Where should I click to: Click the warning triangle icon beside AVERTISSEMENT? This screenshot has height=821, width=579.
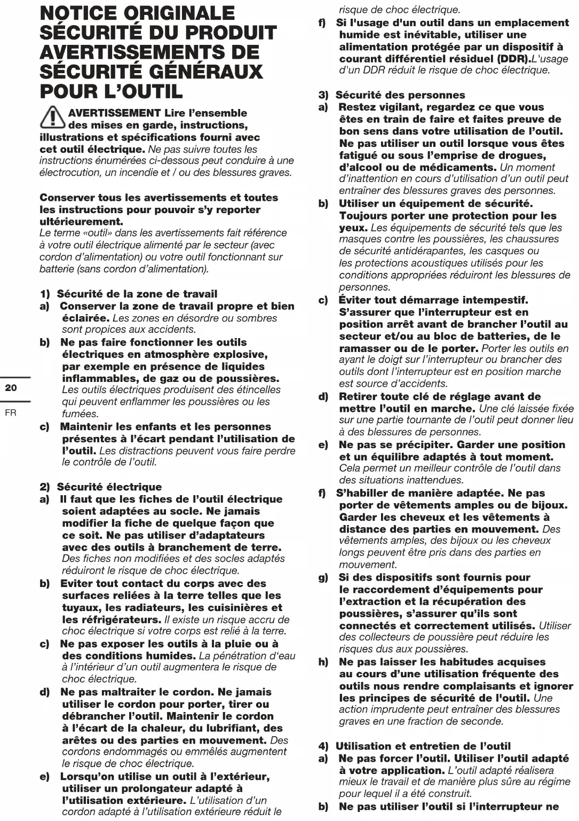[52, 117]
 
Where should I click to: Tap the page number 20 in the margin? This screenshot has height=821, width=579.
[11, 388]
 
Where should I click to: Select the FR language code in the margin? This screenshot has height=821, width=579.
[11, 412]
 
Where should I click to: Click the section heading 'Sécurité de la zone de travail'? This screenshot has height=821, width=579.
[137, 294]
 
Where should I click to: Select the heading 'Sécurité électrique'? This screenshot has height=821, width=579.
[109, 487]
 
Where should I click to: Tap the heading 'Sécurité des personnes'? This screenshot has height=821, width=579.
[400, 95]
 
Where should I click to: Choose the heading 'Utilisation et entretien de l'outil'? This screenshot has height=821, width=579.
[423, 746]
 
